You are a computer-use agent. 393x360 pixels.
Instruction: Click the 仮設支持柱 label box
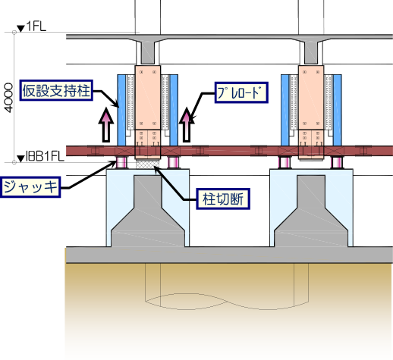tap(56, 90)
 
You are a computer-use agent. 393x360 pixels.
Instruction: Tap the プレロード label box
tap(241, 92)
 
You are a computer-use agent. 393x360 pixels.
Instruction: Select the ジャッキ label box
tap(30, 187)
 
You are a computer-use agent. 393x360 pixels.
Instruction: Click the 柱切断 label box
tap(223, 199)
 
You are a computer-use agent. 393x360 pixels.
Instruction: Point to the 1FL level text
tap(36, 27)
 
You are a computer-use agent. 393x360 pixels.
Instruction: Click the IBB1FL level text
tap(45, 156)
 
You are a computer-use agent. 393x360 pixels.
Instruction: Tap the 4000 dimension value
tap(8, 98)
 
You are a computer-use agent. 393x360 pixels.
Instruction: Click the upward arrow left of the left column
tap(106, 124)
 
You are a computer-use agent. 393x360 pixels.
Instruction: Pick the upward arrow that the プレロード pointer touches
tap(187, 124)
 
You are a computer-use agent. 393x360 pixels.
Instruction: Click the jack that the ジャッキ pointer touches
tap(121, 162)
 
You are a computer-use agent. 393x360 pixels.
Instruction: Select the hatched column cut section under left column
tap(148, 164)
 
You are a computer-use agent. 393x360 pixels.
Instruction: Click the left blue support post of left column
tap(121, 110)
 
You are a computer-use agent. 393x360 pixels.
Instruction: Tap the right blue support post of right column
tap(338, 110)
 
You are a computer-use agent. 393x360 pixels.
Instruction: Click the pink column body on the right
tap(311, 98)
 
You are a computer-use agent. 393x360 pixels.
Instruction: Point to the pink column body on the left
tap(148, 98)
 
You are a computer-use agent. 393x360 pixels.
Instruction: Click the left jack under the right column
tap(285, 162)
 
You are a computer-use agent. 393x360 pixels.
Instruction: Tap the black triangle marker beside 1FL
tap(20, 28)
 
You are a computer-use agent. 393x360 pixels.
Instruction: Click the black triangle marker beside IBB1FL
tap(20, 158)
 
